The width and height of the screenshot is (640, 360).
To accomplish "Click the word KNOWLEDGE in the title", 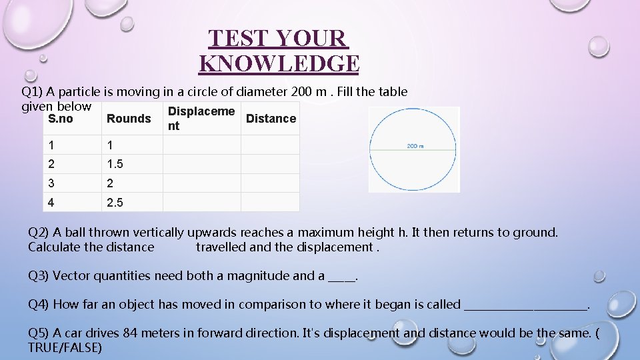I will tap(279, 64).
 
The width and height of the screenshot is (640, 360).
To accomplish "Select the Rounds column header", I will tap(129, 119).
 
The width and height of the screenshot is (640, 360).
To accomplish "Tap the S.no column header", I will tap(61, 119).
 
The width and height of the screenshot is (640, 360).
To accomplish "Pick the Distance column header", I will tap(271, 119).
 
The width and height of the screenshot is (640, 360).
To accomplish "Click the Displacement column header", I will tap(201, 118).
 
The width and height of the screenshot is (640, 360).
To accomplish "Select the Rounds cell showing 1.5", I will tap(115, 164).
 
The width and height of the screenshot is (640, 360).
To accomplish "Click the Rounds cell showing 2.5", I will tap(115, 202).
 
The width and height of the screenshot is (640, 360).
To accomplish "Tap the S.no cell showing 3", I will tap(51, 183).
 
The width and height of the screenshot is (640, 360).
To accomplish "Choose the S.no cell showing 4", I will tap(51, 202).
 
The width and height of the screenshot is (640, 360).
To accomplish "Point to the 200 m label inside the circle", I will tap(415, 146).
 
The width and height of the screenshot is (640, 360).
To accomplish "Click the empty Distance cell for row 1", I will tap(270, 145).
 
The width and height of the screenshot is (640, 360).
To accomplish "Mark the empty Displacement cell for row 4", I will tap(201, 202).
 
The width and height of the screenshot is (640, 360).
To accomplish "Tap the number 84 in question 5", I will tap(131, 333).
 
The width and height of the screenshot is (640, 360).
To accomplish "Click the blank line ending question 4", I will tap(525, 305).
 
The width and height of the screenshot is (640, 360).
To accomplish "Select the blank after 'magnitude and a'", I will tap(342, 277).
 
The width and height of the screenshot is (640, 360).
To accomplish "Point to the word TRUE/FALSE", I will tap(65, 347).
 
